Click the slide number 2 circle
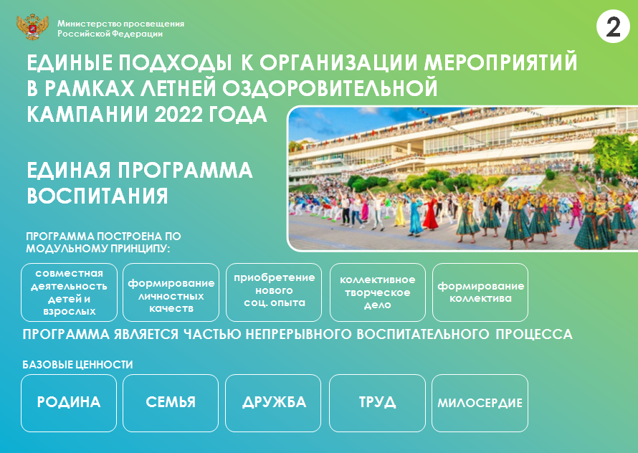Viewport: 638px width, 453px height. pyautogui.click(x=613, y=27)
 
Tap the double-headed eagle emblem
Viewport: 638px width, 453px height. pyautogui.click(x=32, y=27)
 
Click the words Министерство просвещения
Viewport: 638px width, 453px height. pyautogui.click(x=120, y=24)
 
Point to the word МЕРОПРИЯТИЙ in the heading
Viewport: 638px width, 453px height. pyautogui.click(x=500, y=62)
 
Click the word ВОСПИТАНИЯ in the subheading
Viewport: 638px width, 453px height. pyautogui.click(x=97, y=196)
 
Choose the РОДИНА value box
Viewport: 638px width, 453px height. pyautogui.click(x=69, y=403)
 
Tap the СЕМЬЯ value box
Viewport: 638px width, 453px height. pyautogui.click(x=171, y=403)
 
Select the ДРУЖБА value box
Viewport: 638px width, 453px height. pyautogui.click(x=273, y=403)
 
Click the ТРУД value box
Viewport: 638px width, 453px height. pyautogui.click(x=377, y=403)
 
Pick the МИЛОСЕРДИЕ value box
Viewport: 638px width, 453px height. pyautogui.click(x=480, y=403)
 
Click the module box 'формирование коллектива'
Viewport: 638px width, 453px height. pyautogui.click(x=480, y=292)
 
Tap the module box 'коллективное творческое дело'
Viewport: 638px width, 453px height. pyautogui.click(x=378, y=292)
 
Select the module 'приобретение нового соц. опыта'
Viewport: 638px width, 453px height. pyautogui.click(x=274, y=292)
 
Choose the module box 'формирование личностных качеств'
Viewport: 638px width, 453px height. pyautogui.click(x=171, y=292)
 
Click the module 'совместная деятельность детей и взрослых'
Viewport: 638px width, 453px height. pyautogui.click(x=69, y=292)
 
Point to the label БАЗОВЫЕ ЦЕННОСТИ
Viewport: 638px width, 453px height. pyautogui.click(x=77, y=365)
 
